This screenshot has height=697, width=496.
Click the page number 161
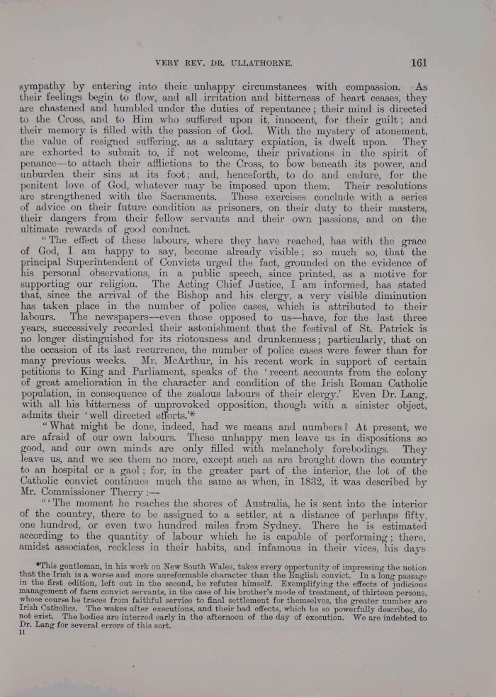[418, 62]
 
